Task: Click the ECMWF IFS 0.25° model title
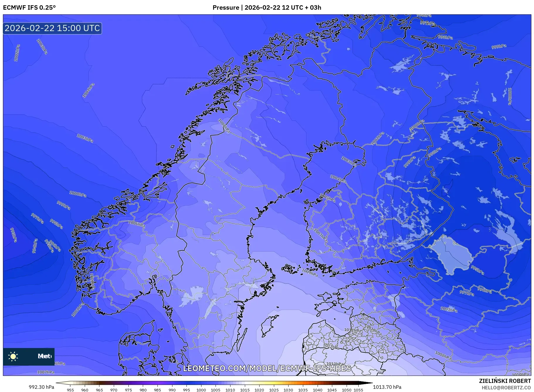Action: click(x=29, y=7)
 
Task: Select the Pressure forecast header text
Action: click(x=267, y=7)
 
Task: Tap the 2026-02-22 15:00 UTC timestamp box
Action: click(x=52, y=28)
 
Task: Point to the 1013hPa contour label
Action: click(x=335, y=364)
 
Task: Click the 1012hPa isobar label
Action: click(x=331, y=347)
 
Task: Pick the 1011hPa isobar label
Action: click(x=352, y=330)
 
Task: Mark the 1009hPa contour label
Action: click(x=310, y=273)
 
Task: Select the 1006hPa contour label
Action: click(x=136, y=224)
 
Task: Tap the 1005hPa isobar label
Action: click(x=327, y=198)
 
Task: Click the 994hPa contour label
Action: click(x=35, y=246)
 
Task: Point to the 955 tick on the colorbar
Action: click(x=70, y=390)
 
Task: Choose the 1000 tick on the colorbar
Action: click(x=201, y=390)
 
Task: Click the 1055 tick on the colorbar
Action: click(x=359, y=390)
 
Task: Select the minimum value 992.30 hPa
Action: click(x=41, y=387)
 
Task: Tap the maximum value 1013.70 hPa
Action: click(x=387, y=387)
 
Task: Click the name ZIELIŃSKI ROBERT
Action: click(x=505, y=381)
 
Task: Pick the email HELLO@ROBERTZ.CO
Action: click(x=506, y=388)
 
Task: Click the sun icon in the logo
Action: click(x=13, y=356)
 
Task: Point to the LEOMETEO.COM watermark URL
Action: click(x=267, y=368)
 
